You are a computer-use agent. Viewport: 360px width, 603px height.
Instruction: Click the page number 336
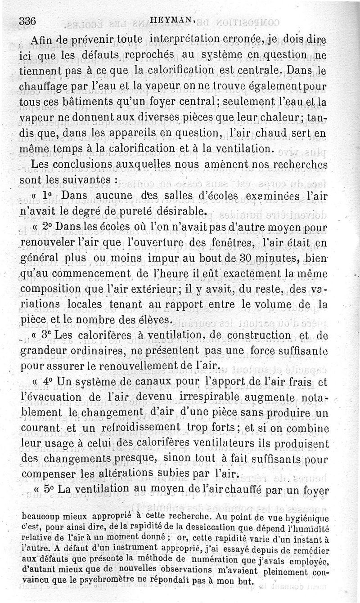[x=27, y=21]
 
